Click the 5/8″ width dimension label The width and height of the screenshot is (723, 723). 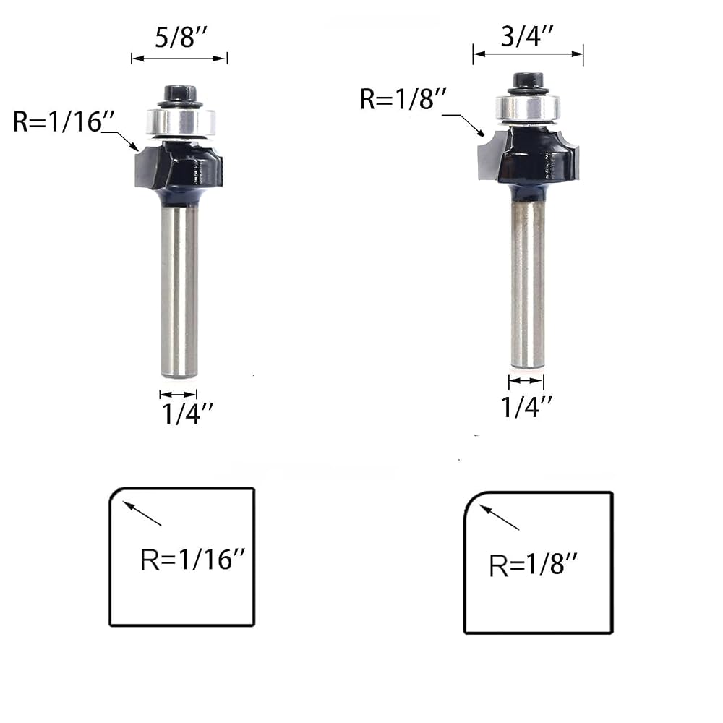(181, 37)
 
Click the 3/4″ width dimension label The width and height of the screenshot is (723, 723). (527, 36)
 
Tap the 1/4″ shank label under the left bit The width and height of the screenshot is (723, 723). (187, 413)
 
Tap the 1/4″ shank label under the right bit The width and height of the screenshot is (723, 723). (526, 406)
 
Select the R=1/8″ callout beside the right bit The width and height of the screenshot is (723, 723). (403, 98)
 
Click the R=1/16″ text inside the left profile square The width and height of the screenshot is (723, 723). (193, 560)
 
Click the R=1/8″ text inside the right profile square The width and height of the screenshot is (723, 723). (533, 565)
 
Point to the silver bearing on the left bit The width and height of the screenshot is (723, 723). (181, 121)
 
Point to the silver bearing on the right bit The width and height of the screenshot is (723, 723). (528, 108)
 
